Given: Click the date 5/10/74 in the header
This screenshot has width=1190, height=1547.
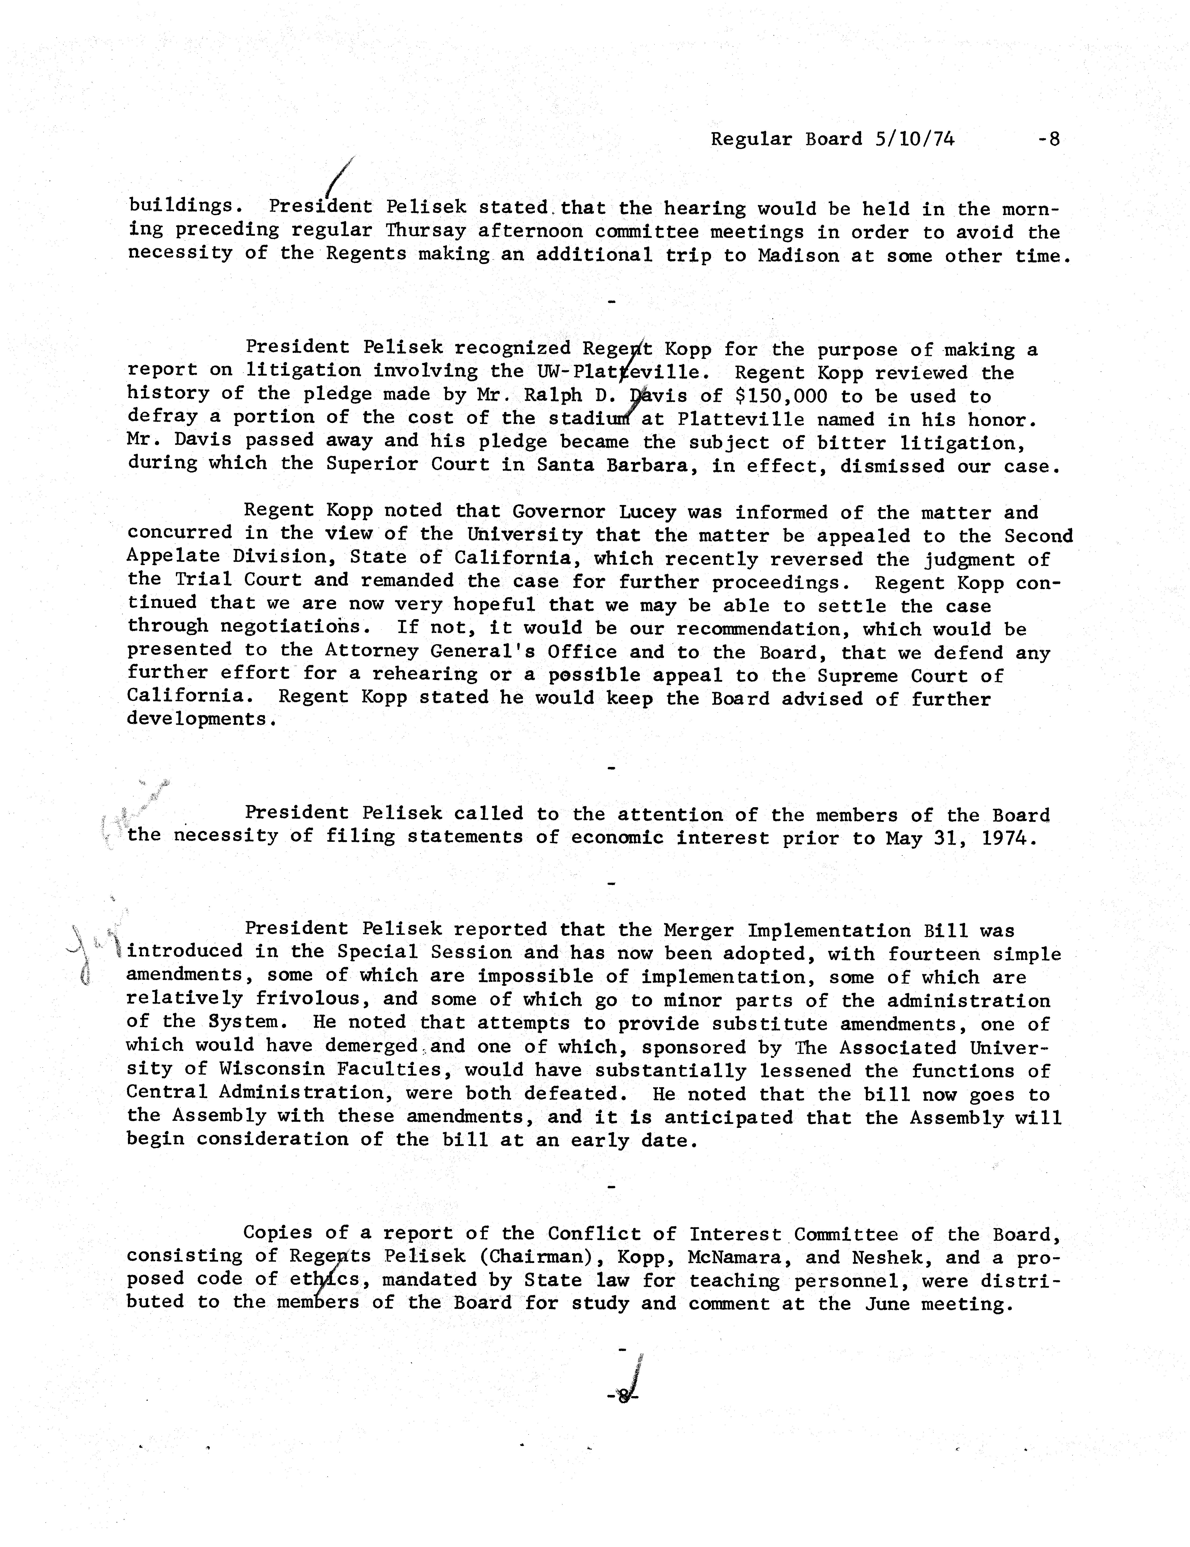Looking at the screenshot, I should (x=914, y=139).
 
